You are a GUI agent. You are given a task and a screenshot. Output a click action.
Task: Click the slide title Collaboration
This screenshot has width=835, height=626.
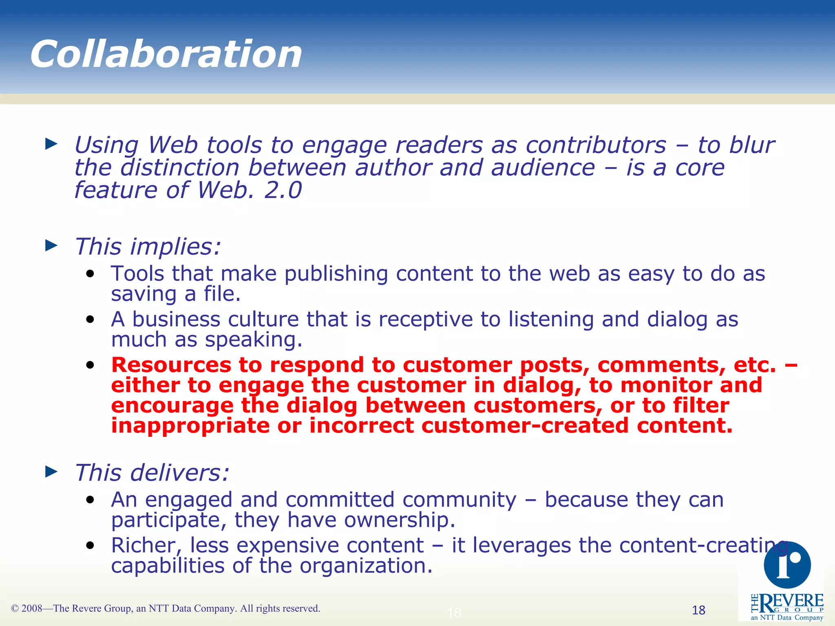pos(166,54)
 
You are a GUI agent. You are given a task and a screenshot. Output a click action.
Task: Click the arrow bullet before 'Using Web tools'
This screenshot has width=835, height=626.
pos(51,143)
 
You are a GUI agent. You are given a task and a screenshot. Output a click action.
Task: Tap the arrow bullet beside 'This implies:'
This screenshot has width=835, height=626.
pos(51,245)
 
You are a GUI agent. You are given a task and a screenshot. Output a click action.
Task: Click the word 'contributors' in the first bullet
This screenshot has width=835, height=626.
pos(596,145)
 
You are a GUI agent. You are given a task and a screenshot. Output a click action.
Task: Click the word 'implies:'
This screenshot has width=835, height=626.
pos(175,247)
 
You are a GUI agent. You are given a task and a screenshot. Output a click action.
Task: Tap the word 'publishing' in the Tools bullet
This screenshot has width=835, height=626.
pos(336,273)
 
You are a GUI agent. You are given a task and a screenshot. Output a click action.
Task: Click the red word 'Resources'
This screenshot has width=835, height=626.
pos(171,365)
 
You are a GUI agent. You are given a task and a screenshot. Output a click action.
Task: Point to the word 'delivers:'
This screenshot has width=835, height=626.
pos(179,473)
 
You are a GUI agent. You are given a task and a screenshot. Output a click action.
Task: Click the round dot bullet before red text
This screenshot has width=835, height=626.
pos(90,365)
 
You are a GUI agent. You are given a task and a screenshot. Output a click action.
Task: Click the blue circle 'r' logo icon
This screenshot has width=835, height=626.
pos(787,565)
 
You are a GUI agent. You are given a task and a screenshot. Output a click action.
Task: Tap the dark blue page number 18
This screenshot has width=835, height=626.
pos(698,610)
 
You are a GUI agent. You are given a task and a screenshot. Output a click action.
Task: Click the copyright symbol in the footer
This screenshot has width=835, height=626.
pos(15,609)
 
